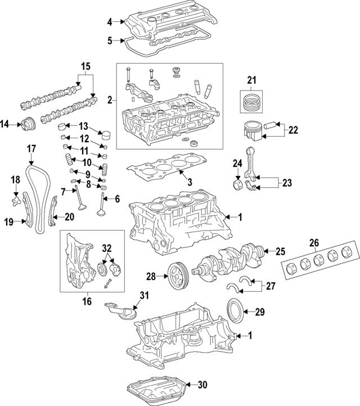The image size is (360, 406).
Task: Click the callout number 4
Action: pos(110,22)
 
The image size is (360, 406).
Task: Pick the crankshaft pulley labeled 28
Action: pos(176,276)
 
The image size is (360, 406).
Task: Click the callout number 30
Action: pos(202,385)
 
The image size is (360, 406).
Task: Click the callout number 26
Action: pos(314,243)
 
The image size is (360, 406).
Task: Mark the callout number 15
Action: pos(85,66)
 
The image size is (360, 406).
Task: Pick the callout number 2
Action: pos(110,100)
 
